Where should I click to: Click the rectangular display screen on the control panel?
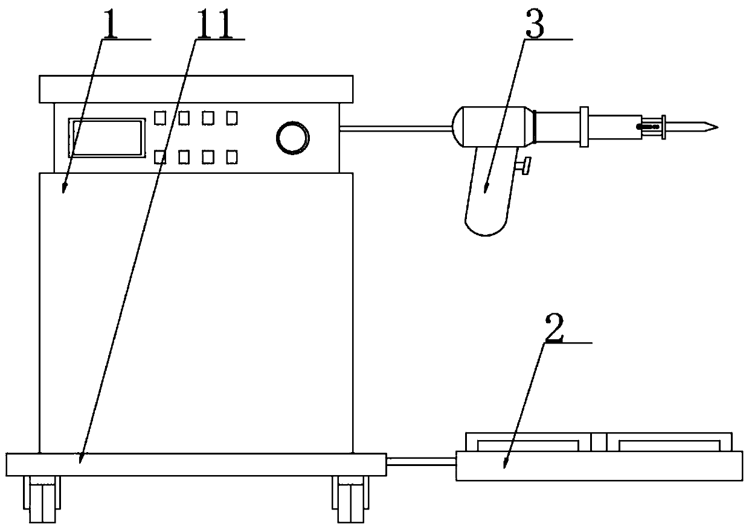(x=108, y=138)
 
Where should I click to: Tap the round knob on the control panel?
(x=291, y=138)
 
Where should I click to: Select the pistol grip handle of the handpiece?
(x=487, y=193)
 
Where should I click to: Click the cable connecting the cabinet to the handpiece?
(x=396, y=127)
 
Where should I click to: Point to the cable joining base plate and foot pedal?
(x=421, y=462)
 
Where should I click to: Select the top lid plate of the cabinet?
(x=195, y=89)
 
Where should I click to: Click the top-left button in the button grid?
(x=159, y=118)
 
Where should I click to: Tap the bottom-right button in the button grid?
(x=231, y=158)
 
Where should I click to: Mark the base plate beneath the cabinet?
(x=195, y=464)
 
